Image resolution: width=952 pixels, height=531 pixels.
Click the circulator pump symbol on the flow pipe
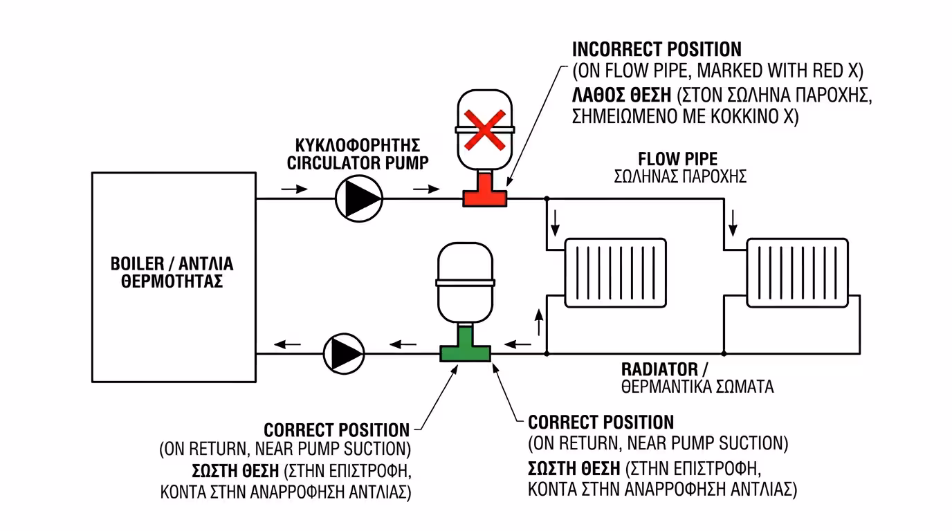coord(358,198)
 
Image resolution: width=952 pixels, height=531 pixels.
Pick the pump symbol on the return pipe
coord(345,353)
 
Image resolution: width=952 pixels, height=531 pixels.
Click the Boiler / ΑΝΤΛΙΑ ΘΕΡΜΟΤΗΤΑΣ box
coord(174,277)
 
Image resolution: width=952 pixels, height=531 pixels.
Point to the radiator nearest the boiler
coord(615,272)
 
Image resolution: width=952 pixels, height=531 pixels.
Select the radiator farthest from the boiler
coord(797,272)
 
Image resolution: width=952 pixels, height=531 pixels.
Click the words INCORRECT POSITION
coord(656,50)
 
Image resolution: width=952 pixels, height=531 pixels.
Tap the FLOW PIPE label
coord(677,159)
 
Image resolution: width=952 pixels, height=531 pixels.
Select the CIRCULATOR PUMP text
coord(358,163)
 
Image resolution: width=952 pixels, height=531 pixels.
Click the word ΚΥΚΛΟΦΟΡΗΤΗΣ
coord(358,146)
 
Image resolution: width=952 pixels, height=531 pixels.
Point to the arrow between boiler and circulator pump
coord(294,189)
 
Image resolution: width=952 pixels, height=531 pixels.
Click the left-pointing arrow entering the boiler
coord(289,343)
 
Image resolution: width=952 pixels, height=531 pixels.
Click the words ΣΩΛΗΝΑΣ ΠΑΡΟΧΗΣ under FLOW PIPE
coord(679,176)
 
